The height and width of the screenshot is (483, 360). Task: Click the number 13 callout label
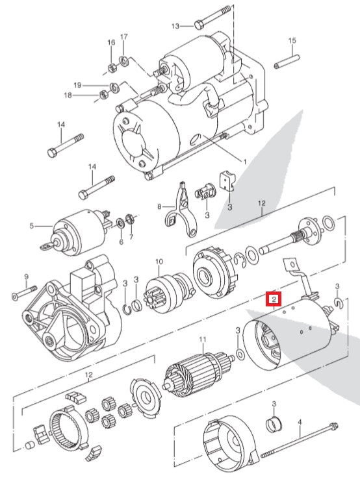point(175,26)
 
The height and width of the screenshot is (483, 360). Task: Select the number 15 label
point(292,41)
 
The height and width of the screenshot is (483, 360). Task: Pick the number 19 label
point(95,85)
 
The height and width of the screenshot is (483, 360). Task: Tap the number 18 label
point(85,95)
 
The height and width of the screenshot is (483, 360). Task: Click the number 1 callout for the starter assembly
point(244,160)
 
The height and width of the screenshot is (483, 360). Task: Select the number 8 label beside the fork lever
point(158,206)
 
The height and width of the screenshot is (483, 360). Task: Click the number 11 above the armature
point(202,340)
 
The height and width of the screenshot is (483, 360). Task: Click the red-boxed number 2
point(274,299)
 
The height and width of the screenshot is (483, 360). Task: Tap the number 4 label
point(300,422)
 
